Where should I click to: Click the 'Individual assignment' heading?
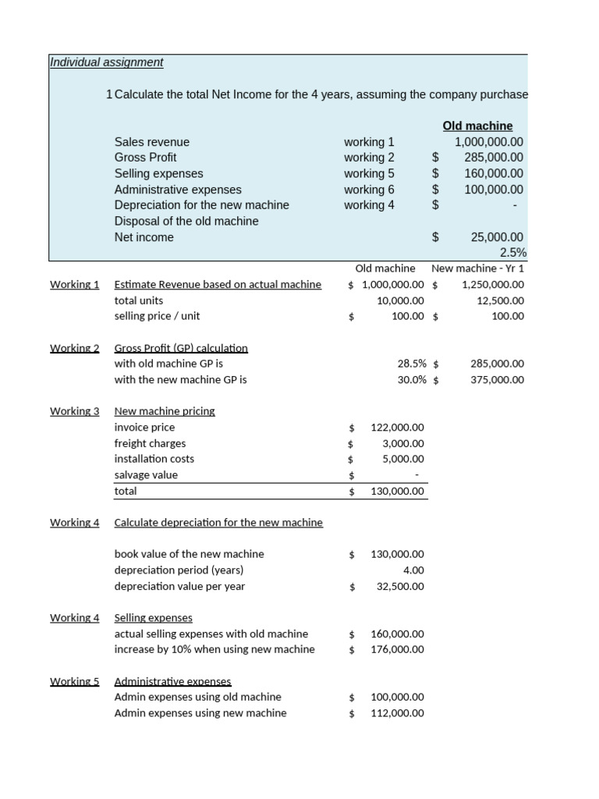[106, 62]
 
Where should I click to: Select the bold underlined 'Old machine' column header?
[477, 126]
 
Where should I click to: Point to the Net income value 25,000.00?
[497, 237]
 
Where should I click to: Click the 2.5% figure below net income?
[512, 253]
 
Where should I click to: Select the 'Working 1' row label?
[74, 285]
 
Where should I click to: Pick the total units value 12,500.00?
[500, 300]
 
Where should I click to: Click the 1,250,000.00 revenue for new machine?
[492, 285]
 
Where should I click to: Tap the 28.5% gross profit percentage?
[412, 364]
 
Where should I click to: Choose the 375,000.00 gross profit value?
[497, 380]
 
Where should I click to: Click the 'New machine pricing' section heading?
[164, 411]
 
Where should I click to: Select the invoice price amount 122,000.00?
[397, 428]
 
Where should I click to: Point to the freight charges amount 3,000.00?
[402, 443]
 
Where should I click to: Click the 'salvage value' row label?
[146, 475]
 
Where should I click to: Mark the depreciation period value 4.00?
[413, 570]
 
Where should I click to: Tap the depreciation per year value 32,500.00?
[400, 587]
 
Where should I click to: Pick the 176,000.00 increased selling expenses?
[397, 649]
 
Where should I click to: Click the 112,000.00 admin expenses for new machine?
[397, 713]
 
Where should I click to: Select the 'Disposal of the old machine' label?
[186, 222]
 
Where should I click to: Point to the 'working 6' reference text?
[369, 190]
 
